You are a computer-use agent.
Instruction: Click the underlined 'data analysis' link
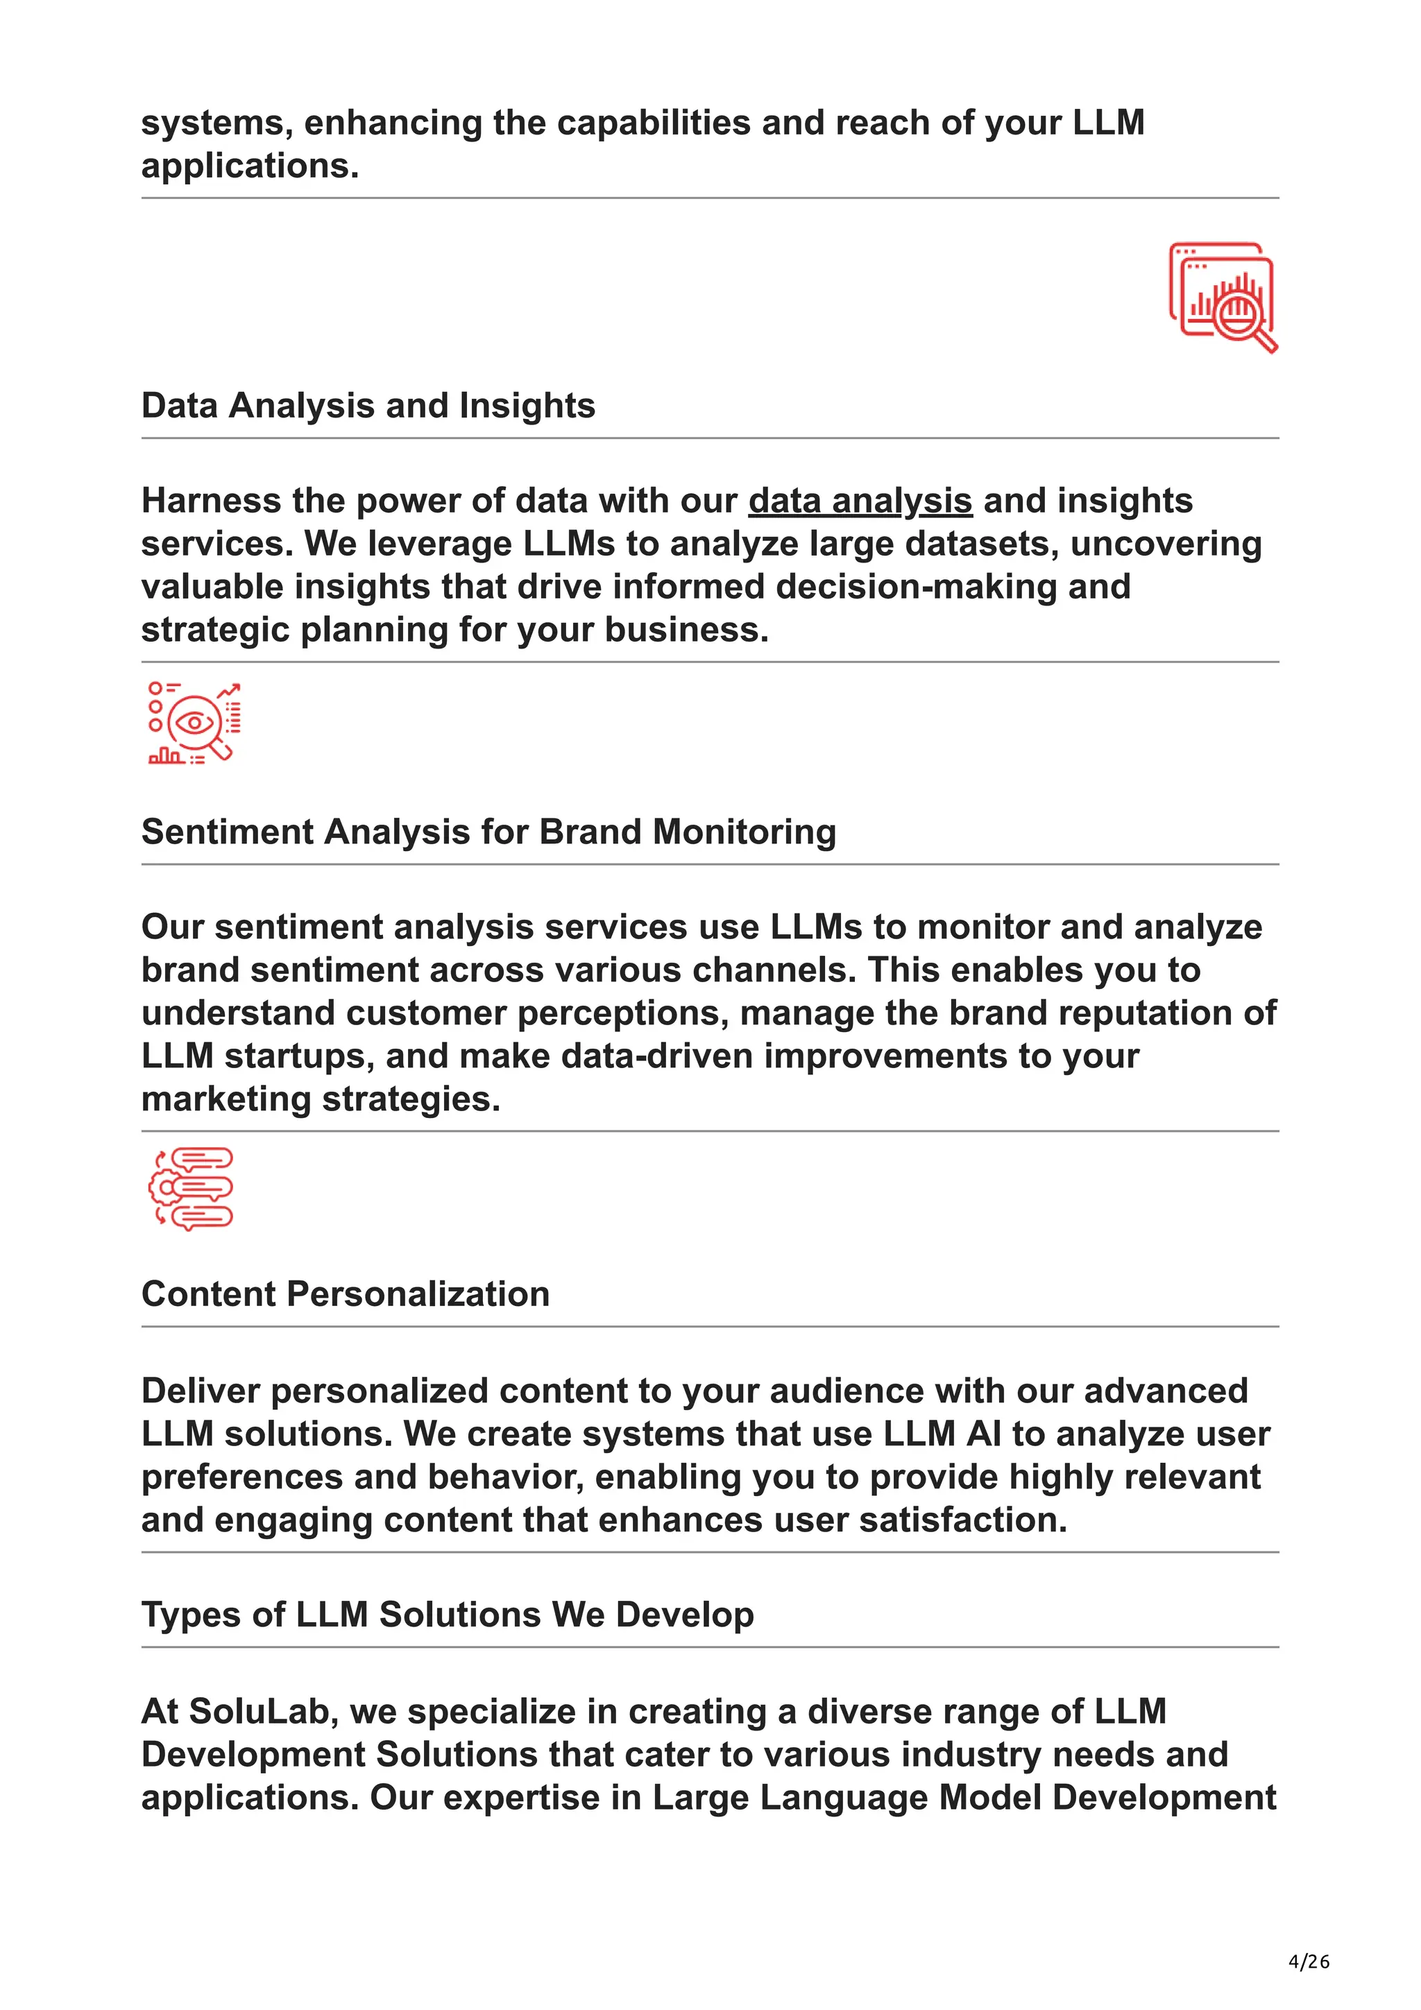pyautogui.click(x=860, y=501)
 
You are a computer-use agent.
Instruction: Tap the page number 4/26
pyautogui.click(x=1308, y=1961)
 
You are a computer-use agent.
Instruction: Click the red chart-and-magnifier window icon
pyautogui.click(x=1223, y=297)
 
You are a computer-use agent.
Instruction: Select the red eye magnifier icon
pyautogui.click(x=194, y=723)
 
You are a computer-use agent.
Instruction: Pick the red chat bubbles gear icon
pyautogui.click(x=191, y=1188)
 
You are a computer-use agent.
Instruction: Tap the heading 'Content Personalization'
pyautogui.click(x=345, y=1294)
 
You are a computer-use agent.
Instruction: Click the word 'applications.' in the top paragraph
pyautogui.click(x=250, y=166)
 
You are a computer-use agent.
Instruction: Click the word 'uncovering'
pyautogui.click(x=1166, y=544)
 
